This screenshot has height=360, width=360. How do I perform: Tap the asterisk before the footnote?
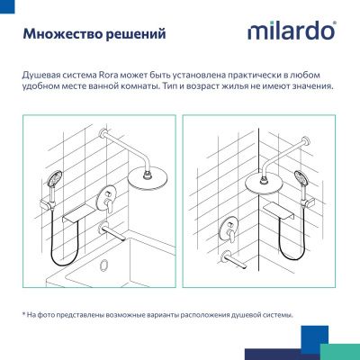(23, 314)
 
